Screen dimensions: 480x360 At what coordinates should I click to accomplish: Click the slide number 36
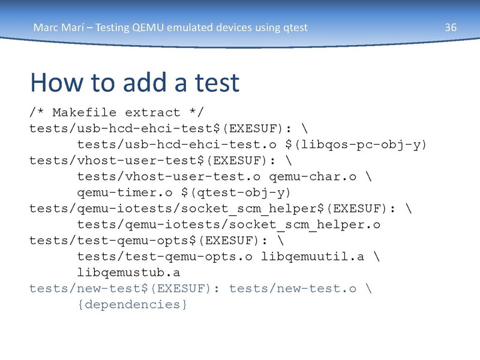point(451,28)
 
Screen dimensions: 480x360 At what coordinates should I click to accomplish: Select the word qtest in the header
point(295,28)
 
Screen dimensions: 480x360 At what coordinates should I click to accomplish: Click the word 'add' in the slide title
point(145,82)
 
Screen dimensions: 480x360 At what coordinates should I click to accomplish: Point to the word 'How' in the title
point(57,82)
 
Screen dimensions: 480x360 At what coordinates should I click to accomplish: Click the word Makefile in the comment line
point(84,112)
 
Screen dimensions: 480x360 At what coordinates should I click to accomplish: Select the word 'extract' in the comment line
point(152,113)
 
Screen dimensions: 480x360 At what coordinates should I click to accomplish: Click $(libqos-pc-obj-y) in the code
point(356,145)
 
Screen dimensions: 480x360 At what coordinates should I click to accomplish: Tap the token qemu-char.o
point(313,176)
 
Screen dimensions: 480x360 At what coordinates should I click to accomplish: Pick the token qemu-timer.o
point(125,193)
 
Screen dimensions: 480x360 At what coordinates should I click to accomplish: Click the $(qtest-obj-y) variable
point(236,193)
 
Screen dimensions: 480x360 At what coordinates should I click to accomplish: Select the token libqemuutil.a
point(312,257)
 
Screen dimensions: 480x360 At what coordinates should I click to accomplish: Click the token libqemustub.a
point(128,272)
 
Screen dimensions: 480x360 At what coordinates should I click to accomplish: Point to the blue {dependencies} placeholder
point(132,304)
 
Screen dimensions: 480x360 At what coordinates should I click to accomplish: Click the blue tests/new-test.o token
point(293,289)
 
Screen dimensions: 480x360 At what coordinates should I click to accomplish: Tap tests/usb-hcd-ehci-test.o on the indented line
point(176,145)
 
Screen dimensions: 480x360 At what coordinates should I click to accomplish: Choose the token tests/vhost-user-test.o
point(169,176)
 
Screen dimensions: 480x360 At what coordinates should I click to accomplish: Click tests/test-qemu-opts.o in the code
point(164,257)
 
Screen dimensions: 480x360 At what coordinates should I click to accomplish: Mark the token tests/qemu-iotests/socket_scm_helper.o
point(229,224)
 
